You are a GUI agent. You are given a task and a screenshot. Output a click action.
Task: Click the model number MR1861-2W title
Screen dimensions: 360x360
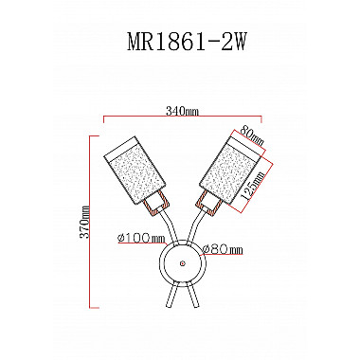click(x=187, y=43)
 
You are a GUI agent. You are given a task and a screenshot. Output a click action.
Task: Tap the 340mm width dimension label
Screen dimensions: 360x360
click(x=182, y=111)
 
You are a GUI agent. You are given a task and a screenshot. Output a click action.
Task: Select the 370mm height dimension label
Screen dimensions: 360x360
click(x=85, y=222)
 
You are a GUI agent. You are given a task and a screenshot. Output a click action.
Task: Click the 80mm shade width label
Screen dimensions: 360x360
click(x=252, y=135)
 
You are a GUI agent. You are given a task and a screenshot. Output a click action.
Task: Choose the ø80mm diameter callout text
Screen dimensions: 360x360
click(x=223, y=250)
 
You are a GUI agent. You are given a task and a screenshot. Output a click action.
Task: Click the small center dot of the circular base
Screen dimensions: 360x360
click(x=182, y=262)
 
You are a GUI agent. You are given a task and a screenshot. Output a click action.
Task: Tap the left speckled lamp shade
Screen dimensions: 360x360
click(x=135, y=171)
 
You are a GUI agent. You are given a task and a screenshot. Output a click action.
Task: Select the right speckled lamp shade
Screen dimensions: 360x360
click(x=231, y=170)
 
